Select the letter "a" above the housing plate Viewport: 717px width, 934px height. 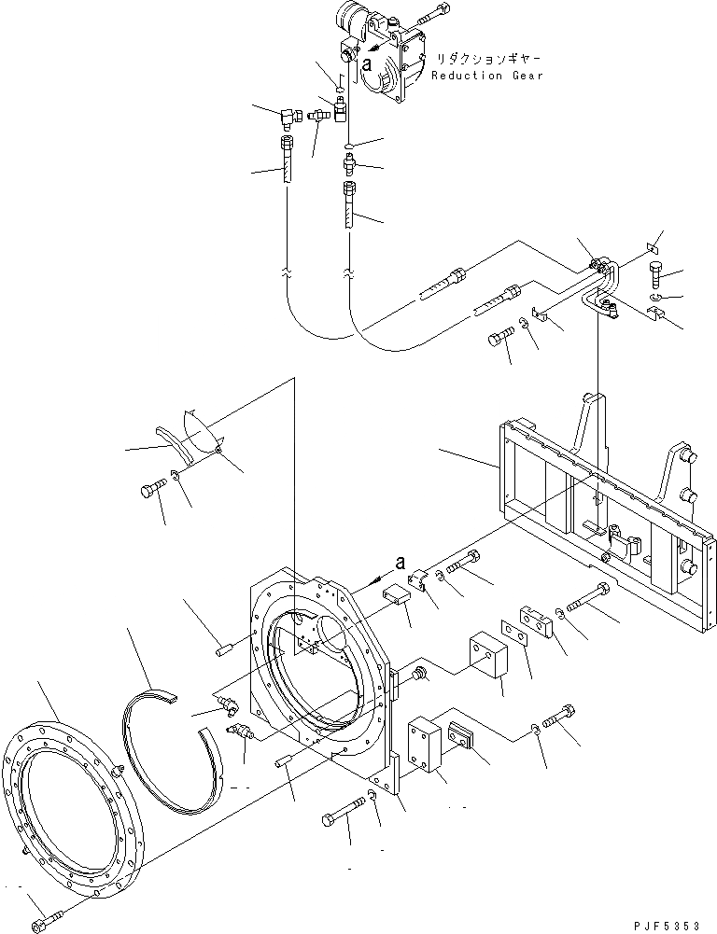coord(400,562)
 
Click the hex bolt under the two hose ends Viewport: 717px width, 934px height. coord(500,338)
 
